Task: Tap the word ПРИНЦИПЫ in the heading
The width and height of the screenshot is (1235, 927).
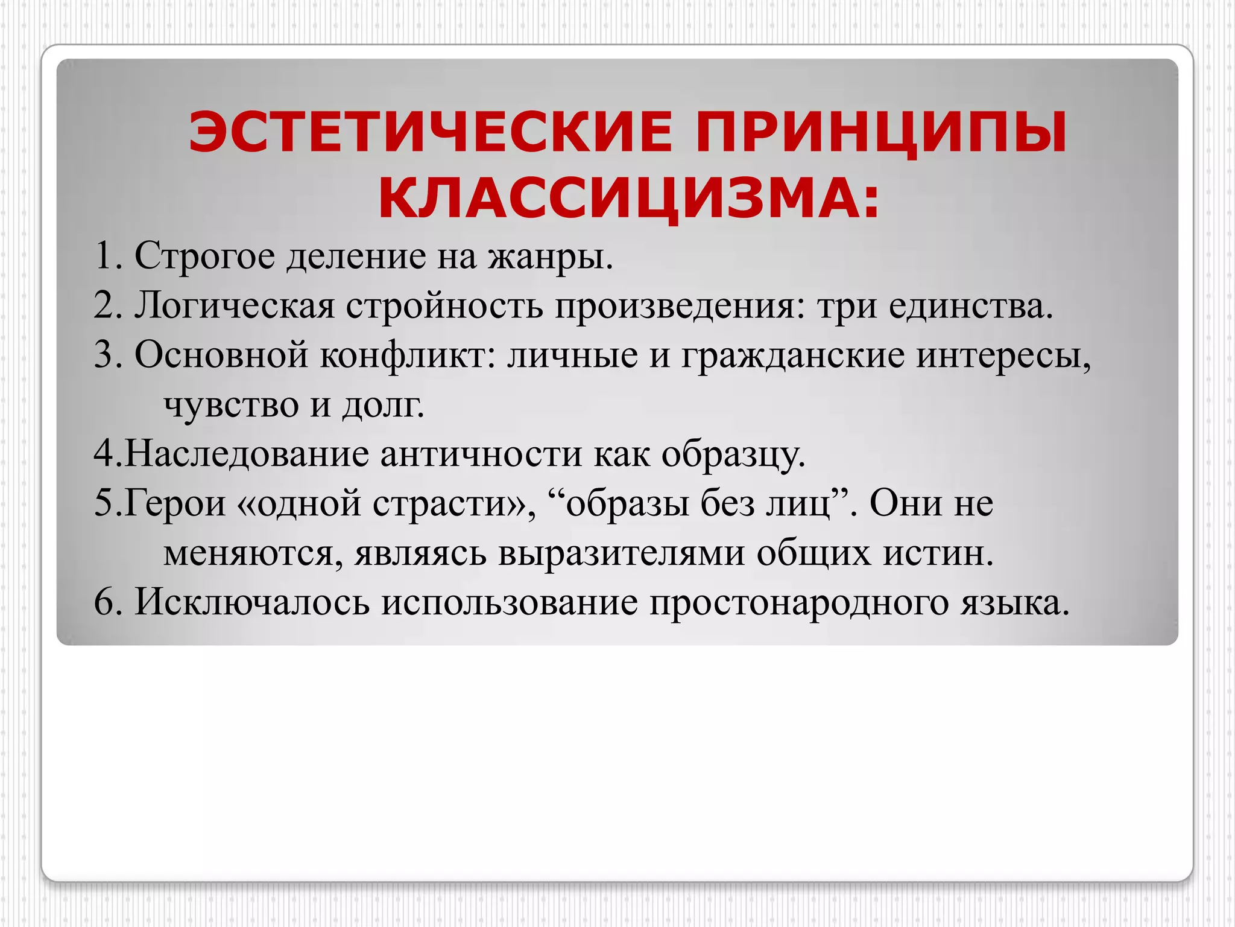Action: click(x=881, y=132)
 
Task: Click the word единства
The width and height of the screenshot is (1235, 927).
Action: click(x=970, y=306)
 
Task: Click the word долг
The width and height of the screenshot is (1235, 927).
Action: click(x=383, y=405)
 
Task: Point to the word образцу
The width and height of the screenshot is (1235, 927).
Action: click(x=733, y=454)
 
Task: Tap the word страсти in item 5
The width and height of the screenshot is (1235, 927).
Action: click(x=453, y=503)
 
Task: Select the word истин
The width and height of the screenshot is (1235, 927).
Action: click(x=938, y=553)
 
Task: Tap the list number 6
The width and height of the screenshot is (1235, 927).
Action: click(x=106, y=602)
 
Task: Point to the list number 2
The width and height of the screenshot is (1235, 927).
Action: click(x=106, y=306)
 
